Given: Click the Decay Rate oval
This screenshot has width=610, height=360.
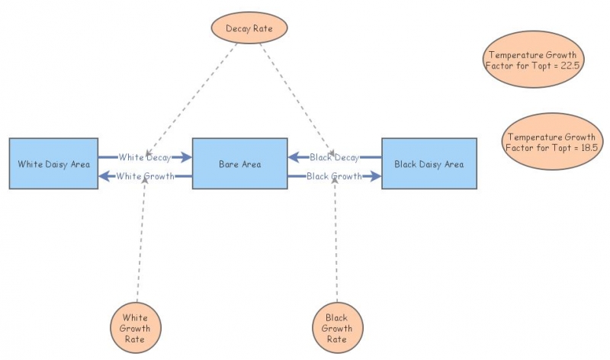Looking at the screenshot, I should [248, 28].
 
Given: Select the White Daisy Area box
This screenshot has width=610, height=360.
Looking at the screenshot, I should [53, 163].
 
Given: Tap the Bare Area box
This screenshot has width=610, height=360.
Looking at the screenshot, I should [239, 163].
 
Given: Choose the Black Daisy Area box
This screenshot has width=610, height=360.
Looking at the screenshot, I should [429, 163].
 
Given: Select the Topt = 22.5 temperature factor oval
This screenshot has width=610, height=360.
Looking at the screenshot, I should [534, 60].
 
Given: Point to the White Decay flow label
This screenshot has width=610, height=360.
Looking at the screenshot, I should [144, 157].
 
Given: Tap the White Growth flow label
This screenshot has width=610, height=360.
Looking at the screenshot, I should [145, 176].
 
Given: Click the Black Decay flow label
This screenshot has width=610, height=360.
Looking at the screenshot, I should [334, 157].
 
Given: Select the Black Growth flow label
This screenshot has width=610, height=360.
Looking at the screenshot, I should [334, 176].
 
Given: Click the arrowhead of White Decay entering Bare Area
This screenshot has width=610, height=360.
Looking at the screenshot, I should [186, 157].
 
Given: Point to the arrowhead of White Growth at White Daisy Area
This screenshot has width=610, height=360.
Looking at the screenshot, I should [104, 176].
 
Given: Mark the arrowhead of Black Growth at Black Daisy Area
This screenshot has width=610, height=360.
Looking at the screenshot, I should [375, 176].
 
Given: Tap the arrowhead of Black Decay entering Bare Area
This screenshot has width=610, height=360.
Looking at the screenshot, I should [294, 157].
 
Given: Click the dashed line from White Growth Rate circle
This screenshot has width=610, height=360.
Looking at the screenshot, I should [140, 244].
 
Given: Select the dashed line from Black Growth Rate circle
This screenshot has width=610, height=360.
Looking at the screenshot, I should [335, 244].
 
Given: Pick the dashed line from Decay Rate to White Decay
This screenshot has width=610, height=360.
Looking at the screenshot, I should [191, 95].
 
